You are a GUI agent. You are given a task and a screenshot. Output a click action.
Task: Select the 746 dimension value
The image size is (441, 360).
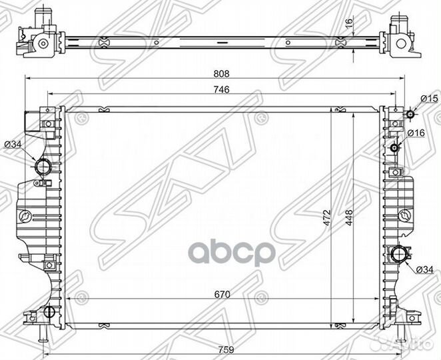point(213,92)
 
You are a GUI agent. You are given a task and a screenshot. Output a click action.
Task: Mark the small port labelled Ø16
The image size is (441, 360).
point(396,147)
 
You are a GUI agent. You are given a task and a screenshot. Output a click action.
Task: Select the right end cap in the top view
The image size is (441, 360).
point(406,39)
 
